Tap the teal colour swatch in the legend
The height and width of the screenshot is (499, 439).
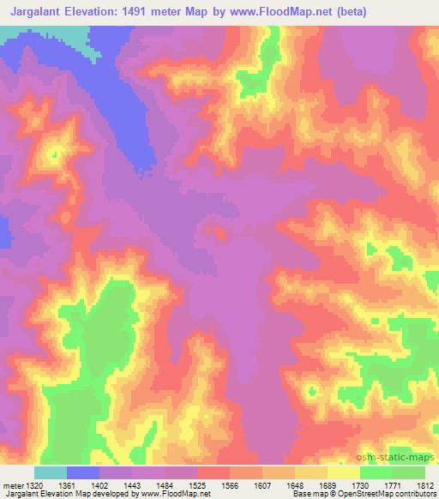[51, 473]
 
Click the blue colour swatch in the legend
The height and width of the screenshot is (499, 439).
[83, 473]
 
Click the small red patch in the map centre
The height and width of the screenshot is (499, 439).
[219, 231]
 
